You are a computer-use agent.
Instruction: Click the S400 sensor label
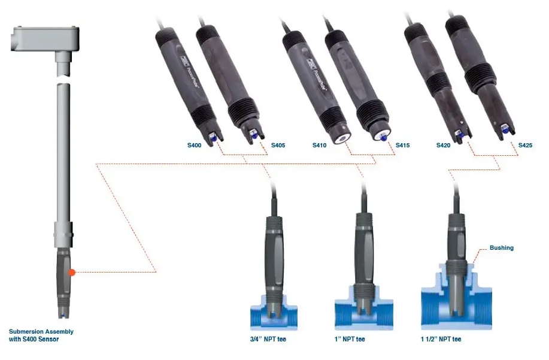(x=195, y=146)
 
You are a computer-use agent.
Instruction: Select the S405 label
(x=278, y=146)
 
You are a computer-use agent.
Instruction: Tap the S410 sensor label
(x=320, y=146)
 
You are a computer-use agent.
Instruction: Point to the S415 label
(x=402, y=146)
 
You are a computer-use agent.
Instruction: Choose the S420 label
(x=443, y=146)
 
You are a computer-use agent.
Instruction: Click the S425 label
(x=525, y=146)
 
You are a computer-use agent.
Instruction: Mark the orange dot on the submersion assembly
(x=72, y=273)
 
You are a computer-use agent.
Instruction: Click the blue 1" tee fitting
(x=362, y=312)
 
